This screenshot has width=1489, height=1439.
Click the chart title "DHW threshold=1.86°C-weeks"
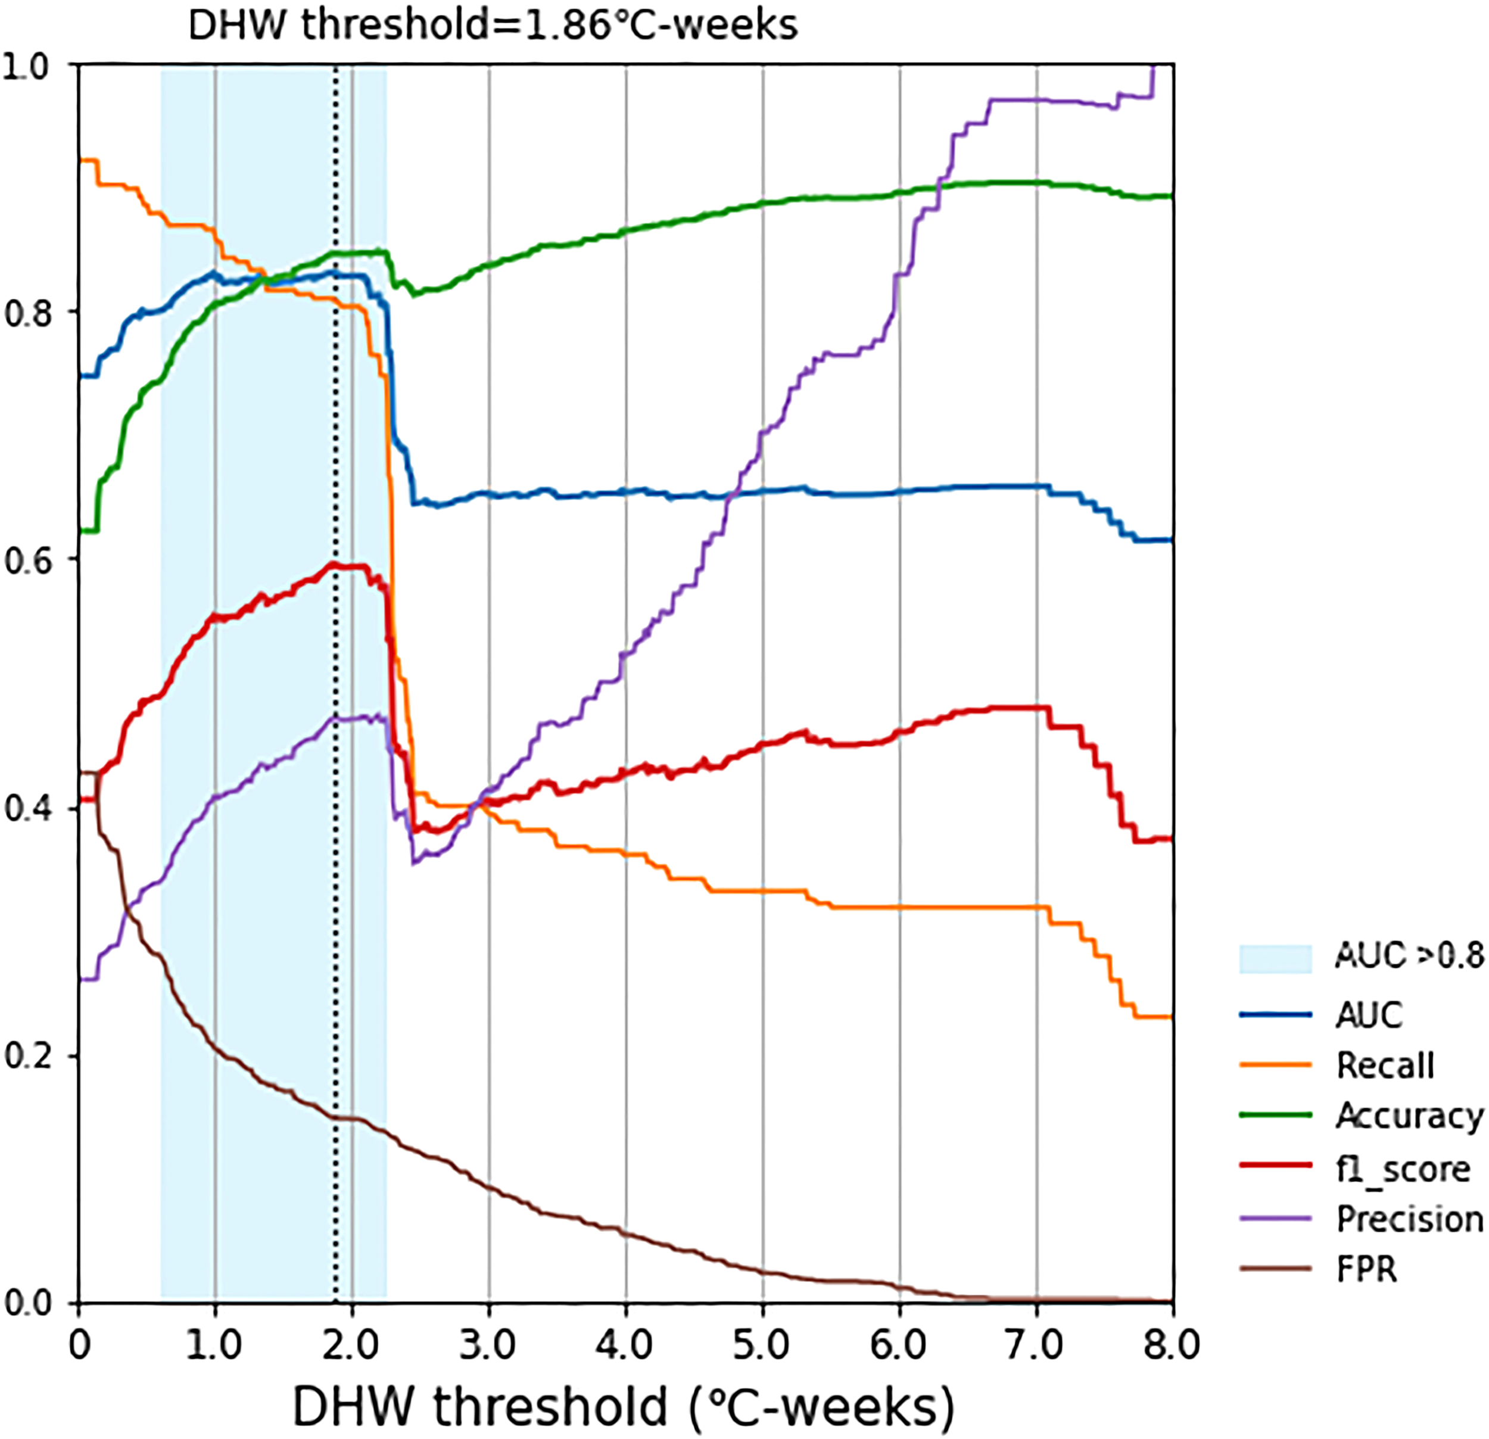click(x=493, y=25)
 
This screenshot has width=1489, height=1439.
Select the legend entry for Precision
click(x=1409, y=1219)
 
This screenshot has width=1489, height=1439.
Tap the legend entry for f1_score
click(x=1403, y=1169)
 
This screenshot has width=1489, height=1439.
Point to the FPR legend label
click(x=1366, y=1269)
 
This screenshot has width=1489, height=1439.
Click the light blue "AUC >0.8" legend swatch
click(x=1276, y=959)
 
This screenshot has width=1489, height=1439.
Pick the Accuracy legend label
click(x=1409, y=1116)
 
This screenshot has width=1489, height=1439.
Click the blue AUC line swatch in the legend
click(x=1276, y=1015)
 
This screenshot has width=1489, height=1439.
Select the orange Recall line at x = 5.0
click(x=763, y=890)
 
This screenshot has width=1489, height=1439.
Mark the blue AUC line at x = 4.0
click(x=626, y=491)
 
